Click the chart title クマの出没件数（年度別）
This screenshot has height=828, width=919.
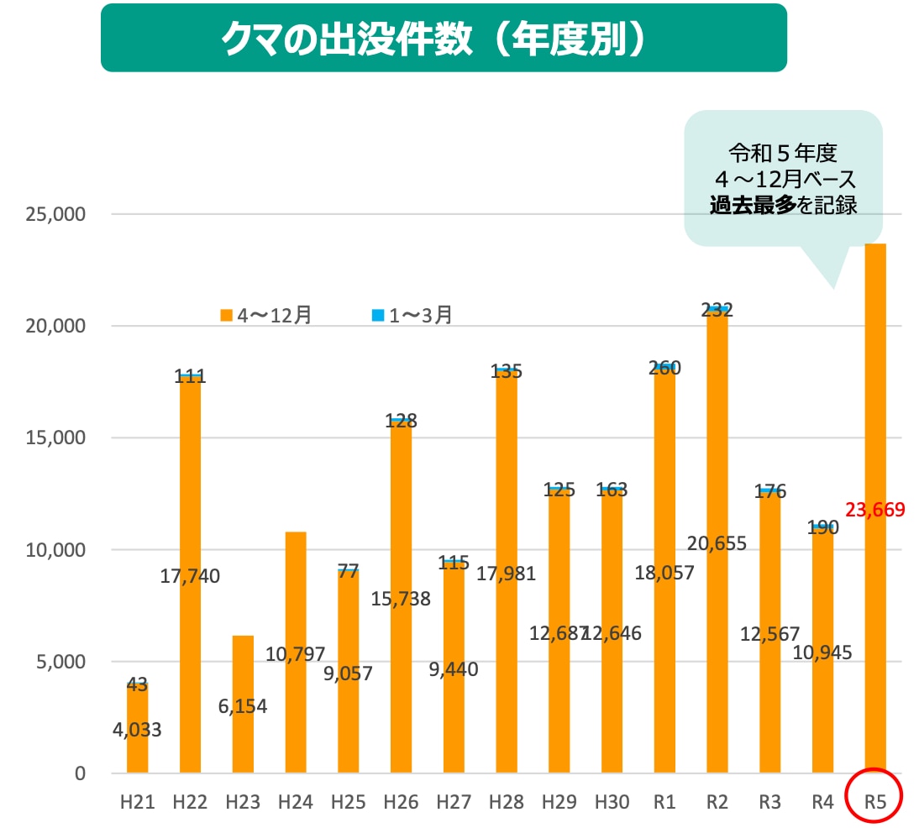444,39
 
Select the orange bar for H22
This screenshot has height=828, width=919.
190,655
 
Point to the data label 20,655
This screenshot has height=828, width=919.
717,543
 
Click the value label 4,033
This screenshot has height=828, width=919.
137,729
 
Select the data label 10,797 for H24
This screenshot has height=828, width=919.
295,653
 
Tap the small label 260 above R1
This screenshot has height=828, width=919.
664,367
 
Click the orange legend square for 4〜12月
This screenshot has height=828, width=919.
226,316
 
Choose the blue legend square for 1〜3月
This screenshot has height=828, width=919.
378,316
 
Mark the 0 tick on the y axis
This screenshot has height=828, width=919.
79,773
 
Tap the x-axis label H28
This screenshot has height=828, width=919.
507,802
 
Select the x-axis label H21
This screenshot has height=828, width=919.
137,802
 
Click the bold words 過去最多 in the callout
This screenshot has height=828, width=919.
752,205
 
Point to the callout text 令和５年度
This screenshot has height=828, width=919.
783,154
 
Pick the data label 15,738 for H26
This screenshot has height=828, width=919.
401,599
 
